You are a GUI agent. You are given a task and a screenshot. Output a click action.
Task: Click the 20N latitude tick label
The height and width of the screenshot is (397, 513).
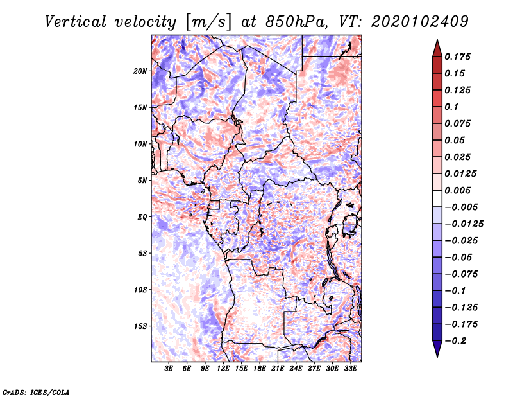pos(141,71)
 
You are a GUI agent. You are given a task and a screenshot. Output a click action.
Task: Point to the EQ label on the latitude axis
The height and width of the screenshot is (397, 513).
pos(142,217)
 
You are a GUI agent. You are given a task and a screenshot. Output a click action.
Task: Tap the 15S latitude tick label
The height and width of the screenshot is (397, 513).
pos(141,326)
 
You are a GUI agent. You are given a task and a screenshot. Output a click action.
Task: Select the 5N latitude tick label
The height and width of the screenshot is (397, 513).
pos(143,181)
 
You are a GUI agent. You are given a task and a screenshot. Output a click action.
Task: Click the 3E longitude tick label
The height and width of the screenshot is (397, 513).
pos(169,369)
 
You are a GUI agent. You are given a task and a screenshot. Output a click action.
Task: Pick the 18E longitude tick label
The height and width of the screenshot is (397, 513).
pos(260,369)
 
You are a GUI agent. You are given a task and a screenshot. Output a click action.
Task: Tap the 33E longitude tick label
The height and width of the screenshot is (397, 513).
pos(350,369)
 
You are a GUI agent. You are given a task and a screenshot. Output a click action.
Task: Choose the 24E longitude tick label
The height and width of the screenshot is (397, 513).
pos(296,369)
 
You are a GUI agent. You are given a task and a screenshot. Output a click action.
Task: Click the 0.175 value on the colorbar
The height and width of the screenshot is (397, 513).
pos(458,57)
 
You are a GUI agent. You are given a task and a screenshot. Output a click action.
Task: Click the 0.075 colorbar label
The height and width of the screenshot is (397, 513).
pos(458,123)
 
